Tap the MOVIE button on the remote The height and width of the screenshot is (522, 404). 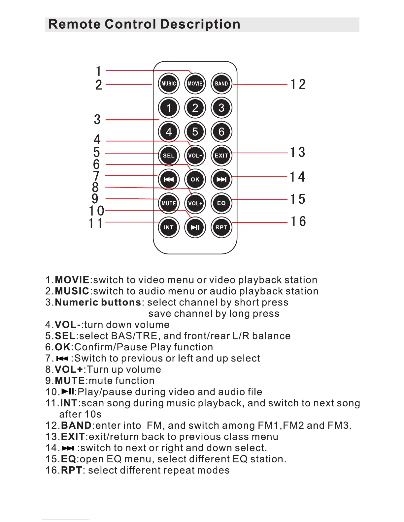pos(195,84)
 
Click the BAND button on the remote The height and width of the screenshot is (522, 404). pos(221,84)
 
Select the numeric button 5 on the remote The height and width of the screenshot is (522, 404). pos(195,132)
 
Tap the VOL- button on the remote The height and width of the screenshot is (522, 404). pos(195,156)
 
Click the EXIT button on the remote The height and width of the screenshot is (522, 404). pos(221,156)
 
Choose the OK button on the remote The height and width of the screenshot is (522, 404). pos(195,180)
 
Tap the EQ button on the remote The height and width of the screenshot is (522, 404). pos(221,203)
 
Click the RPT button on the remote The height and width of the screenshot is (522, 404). pos(221,227)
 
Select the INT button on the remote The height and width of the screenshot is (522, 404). pos(169,227)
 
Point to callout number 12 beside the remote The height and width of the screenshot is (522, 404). pos(298,84)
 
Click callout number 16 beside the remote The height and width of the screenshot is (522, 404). pos(298,221)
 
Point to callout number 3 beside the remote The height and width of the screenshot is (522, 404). pos(97,120)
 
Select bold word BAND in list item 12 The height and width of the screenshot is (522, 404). pos(76,425)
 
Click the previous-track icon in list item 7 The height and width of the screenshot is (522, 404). pos(62,359)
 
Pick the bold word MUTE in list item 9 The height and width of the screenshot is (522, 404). pos(70,381)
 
